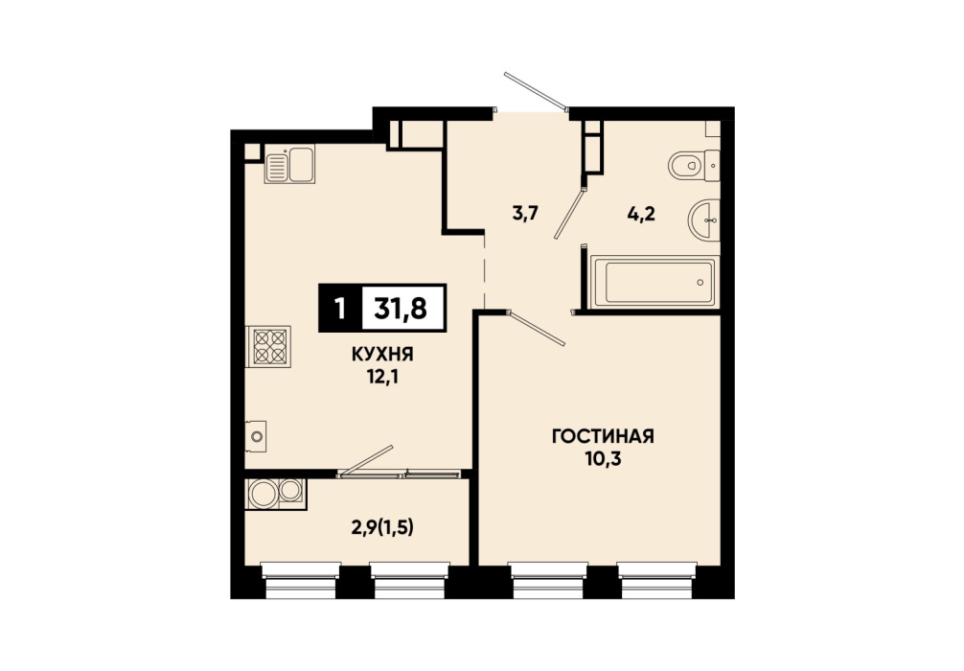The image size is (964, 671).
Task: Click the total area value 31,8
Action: (x=401, y=308)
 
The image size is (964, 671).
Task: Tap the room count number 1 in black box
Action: (x=340, y=308)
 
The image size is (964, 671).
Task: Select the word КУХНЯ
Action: (x=382, y=355)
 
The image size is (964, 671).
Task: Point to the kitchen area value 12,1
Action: (x=382, y=377)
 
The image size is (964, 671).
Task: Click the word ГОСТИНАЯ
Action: (x=603, y=437)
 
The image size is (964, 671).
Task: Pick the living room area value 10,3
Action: (x=603, y=459)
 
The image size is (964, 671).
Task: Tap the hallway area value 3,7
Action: (x=525, y=214)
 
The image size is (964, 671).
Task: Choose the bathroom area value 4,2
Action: (x=641, y=214)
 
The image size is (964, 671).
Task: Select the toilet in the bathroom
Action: (x=694, y=165)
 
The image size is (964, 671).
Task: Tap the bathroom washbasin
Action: (x=703, y=220)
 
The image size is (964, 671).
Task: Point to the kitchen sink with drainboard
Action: (x=289, y=165)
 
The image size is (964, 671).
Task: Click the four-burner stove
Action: (x=268, y=346)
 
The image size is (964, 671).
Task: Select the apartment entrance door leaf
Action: (x=535, y=90)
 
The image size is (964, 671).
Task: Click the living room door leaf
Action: (x=538, y=329)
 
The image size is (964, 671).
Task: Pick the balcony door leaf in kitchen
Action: (x=367, y=460)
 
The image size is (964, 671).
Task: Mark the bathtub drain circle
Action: (x=700, y=283)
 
